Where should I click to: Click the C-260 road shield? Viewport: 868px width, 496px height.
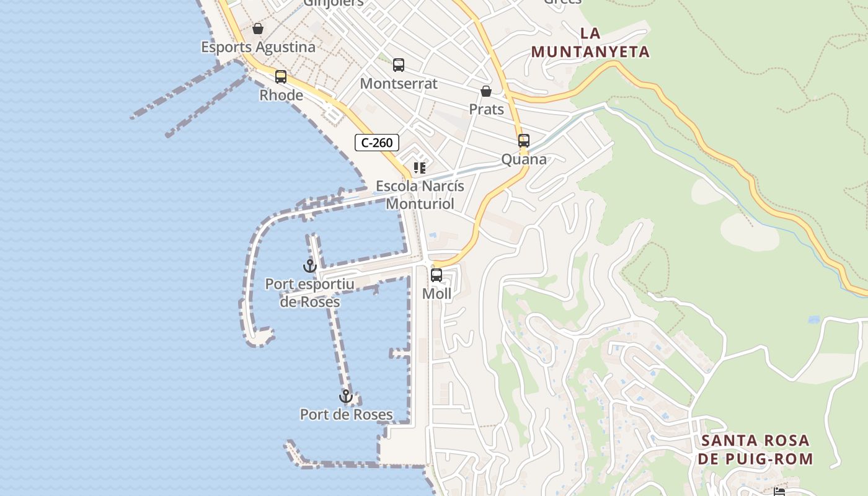click(x=377, y=143)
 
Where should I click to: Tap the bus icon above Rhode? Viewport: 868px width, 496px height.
click(x=281, y=77)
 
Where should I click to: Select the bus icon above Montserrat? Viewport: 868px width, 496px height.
click(x=399, y=65)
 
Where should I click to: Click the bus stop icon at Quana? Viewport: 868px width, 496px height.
click(x=524, y=141)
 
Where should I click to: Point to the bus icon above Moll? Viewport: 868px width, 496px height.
click(x=436, y=275)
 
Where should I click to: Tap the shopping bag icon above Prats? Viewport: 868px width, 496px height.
click(x=486, y=92)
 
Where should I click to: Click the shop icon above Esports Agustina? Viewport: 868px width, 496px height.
click(x=258, y=29)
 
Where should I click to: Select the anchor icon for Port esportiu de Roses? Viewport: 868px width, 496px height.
click(x=309, y=267)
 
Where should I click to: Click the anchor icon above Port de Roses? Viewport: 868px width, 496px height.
click(x=345, y=396)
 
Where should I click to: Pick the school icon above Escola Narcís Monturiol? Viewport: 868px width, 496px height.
click(x=420, y=167)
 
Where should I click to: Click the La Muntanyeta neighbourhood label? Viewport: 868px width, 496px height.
click(x=590, y=43)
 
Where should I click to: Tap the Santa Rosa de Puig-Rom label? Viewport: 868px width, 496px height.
click(x=755, y=450)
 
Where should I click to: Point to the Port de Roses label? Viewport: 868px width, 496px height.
click(x=346, y=415)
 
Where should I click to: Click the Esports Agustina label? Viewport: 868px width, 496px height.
click(x=258, y=47)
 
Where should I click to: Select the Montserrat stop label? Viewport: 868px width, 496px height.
click(x=399, y=84)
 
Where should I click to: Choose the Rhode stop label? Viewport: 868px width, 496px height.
click(x=281, y=95)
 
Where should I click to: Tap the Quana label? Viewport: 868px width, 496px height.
click(x=524, y=159)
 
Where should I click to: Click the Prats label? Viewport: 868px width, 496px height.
click(x=486, y=110)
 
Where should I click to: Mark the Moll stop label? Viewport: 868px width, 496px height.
click(x=436, y=294)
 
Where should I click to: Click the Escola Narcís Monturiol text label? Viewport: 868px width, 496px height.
click(x=420, y=195)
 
